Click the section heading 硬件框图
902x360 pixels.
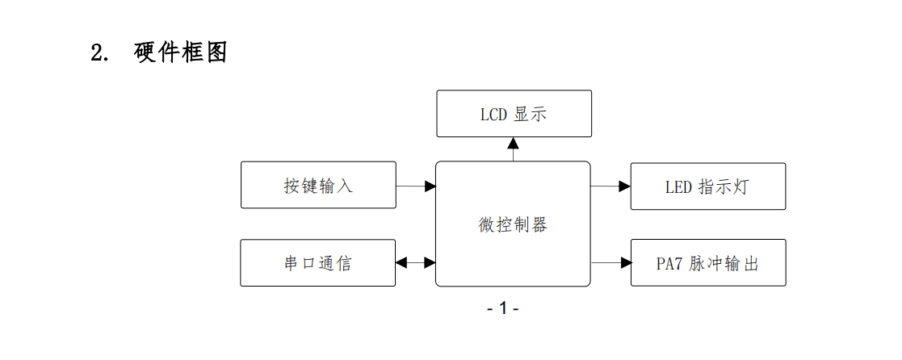click(180, 53)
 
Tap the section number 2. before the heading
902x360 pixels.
click(100, 54)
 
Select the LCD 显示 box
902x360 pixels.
click(514, 114)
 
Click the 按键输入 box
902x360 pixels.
click(318, 186)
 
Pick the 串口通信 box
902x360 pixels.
click(318, 263)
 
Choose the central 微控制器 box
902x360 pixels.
click(513, 224)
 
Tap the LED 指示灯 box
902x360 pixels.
click(707, 186)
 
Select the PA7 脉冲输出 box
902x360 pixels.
click(707, 263)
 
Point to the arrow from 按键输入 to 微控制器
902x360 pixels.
click(416, 186)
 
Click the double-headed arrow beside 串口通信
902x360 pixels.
click(416, 262)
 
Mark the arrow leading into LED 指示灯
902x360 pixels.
click(610, 186)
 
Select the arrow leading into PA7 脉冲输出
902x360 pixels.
click(610, 262)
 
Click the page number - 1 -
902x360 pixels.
click(502, 308)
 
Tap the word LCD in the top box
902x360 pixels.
click(493, 115)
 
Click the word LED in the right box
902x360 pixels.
click(678, 187)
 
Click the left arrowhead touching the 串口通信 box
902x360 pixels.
click(401, 262)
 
